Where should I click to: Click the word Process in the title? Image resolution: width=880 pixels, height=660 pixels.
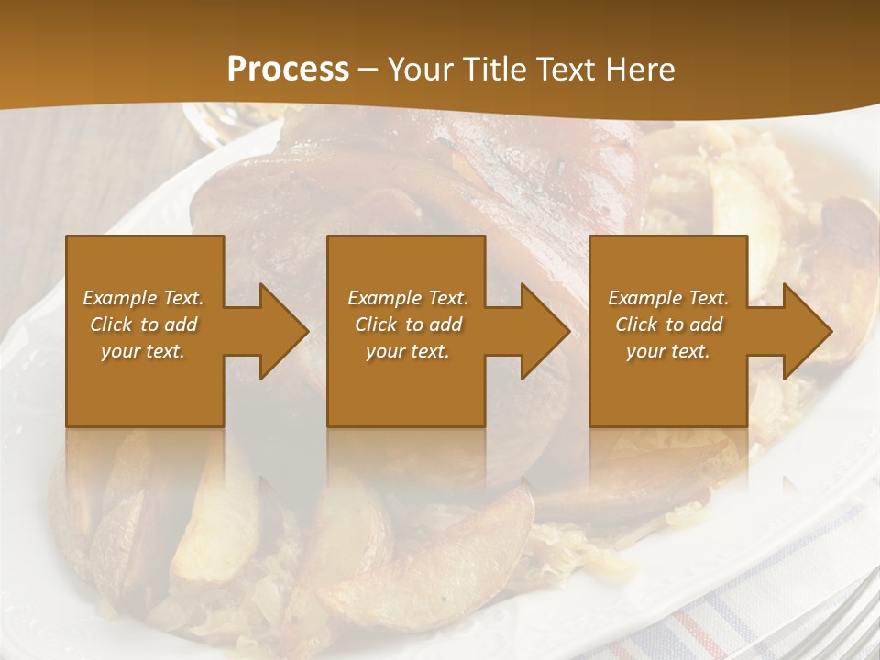[x=288, y=70]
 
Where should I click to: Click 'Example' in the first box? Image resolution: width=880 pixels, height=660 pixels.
[x=120, y=298]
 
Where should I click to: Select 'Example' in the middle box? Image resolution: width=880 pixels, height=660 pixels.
[x=384, y=298]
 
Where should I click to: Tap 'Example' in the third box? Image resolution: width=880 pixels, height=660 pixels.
[x=644, y=298]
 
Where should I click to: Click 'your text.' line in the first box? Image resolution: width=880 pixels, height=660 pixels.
[x=143, y=351]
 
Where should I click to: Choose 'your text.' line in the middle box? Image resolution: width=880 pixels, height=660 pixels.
[x=407, y=351]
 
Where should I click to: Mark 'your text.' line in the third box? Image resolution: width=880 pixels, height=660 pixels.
[x=668, y=351]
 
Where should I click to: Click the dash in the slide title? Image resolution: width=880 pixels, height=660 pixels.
[x=368, y=70]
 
